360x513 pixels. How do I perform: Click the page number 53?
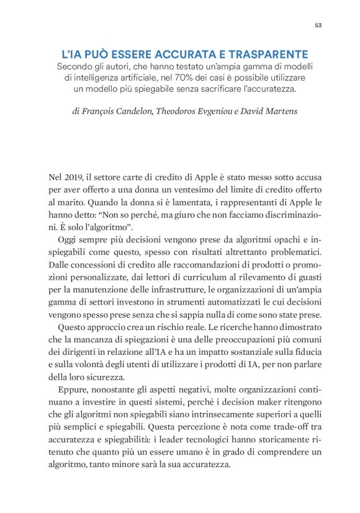pyautogui.click(x=318, y=25)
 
